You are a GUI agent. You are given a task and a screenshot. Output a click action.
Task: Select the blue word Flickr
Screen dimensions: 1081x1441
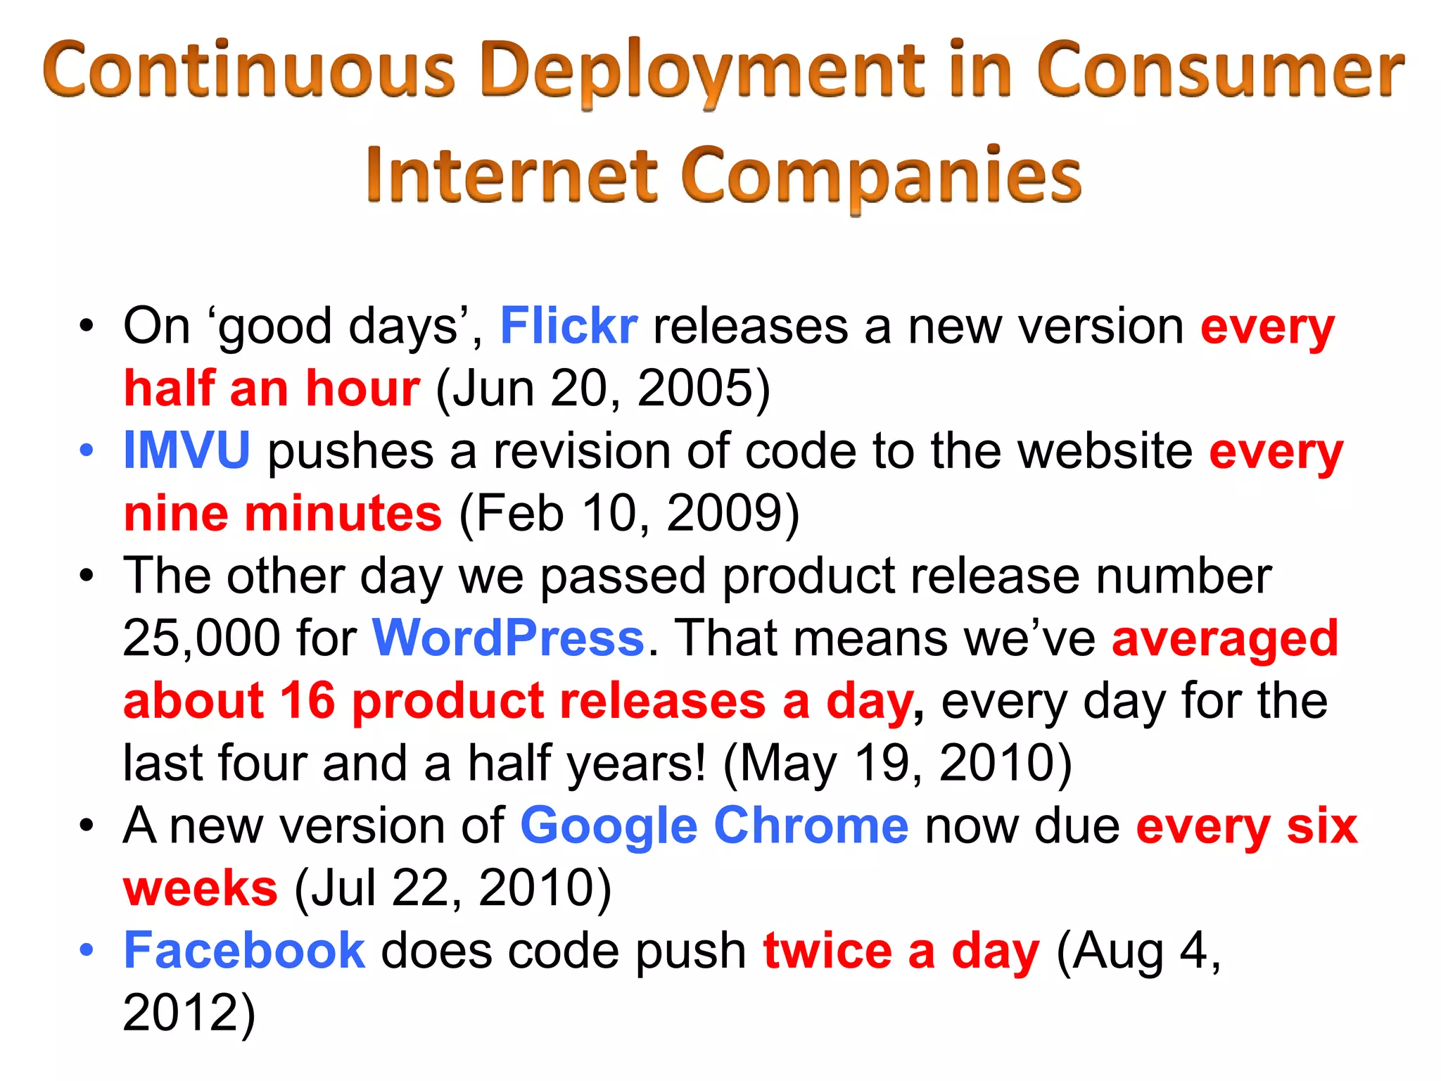(569, 327)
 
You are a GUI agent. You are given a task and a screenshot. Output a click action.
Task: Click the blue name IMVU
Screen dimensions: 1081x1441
(186, 450)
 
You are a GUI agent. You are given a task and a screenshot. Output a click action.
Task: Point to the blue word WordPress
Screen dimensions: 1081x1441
(508, 638)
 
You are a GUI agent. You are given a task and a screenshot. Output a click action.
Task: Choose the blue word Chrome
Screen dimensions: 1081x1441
(811, 826)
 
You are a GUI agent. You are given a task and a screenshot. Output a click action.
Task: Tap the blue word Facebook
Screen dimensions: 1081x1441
(244, 951)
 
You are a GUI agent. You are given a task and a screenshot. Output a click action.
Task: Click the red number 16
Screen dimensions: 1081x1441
(307, 701)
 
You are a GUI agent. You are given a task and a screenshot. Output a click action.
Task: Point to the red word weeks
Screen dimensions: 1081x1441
(201, 888)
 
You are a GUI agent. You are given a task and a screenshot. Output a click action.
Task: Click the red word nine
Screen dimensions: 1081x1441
(176, 513)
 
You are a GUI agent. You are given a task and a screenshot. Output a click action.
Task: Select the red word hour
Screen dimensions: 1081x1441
(362, 388)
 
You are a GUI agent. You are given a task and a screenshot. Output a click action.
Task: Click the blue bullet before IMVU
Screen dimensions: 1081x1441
(86, 450)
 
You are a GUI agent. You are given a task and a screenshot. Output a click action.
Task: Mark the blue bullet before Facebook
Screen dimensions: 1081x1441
(86, 951)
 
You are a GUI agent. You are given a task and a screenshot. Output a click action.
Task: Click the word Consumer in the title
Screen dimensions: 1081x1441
(1219, 70)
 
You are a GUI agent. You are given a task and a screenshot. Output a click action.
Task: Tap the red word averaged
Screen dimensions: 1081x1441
(1224, 638)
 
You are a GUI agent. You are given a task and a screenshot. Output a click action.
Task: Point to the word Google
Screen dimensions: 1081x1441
(609, 826)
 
